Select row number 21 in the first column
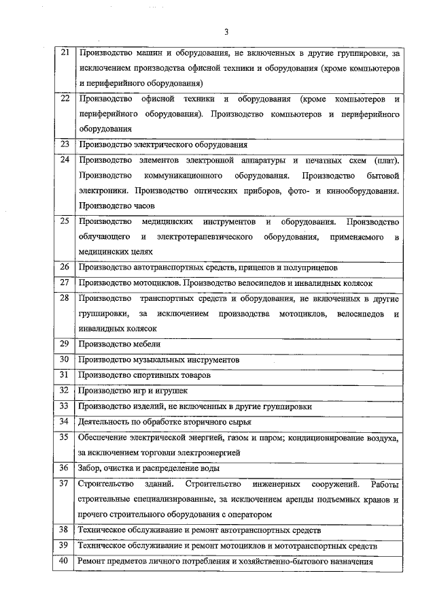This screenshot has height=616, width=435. coord(65,52)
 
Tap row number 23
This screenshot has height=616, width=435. coord(65,144)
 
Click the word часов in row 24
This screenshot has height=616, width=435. coord(143,205)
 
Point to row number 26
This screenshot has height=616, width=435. coord(65,267)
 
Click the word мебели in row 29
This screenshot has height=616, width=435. coord(147,344)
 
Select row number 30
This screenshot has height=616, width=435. coord(65,359)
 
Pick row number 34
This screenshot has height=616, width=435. coord(65,421)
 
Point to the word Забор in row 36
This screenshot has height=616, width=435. coord(90,468)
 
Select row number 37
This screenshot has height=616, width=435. coord(65,484)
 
